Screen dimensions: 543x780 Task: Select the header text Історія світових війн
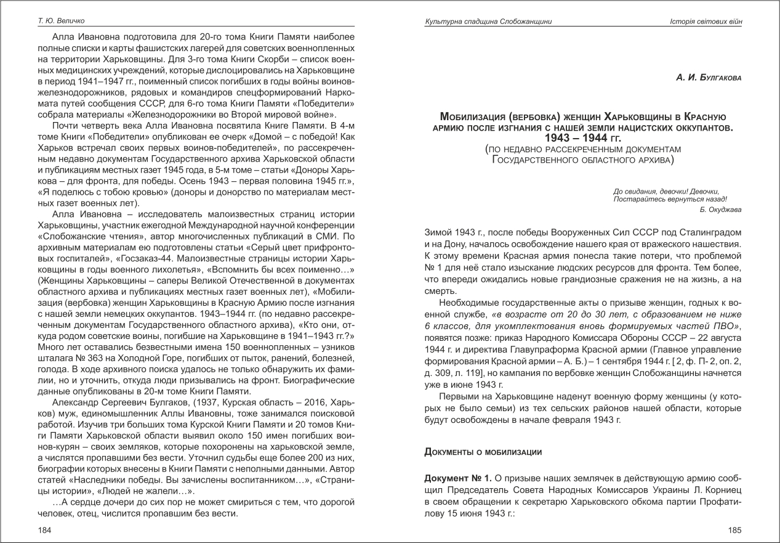(706, 22)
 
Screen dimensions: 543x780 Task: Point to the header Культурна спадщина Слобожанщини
(488, 22)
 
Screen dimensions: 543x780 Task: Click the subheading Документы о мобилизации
(483, 452)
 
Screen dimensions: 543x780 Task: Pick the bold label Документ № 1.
(455, 479)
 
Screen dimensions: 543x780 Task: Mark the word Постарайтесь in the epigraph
(637, 199)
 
